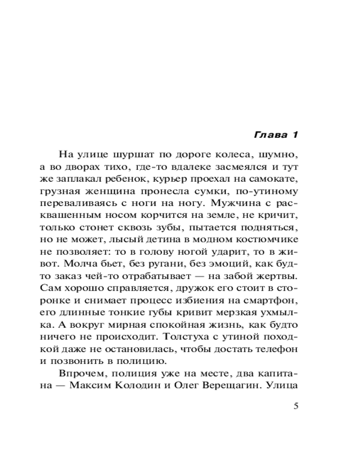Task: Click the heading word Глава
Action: tap(269, 135)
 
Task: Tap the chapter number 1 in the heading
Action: tap(295, 135)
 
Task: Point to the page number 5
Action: tap(296, 406)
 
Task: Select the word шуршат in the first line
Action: tap(131, 155)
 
